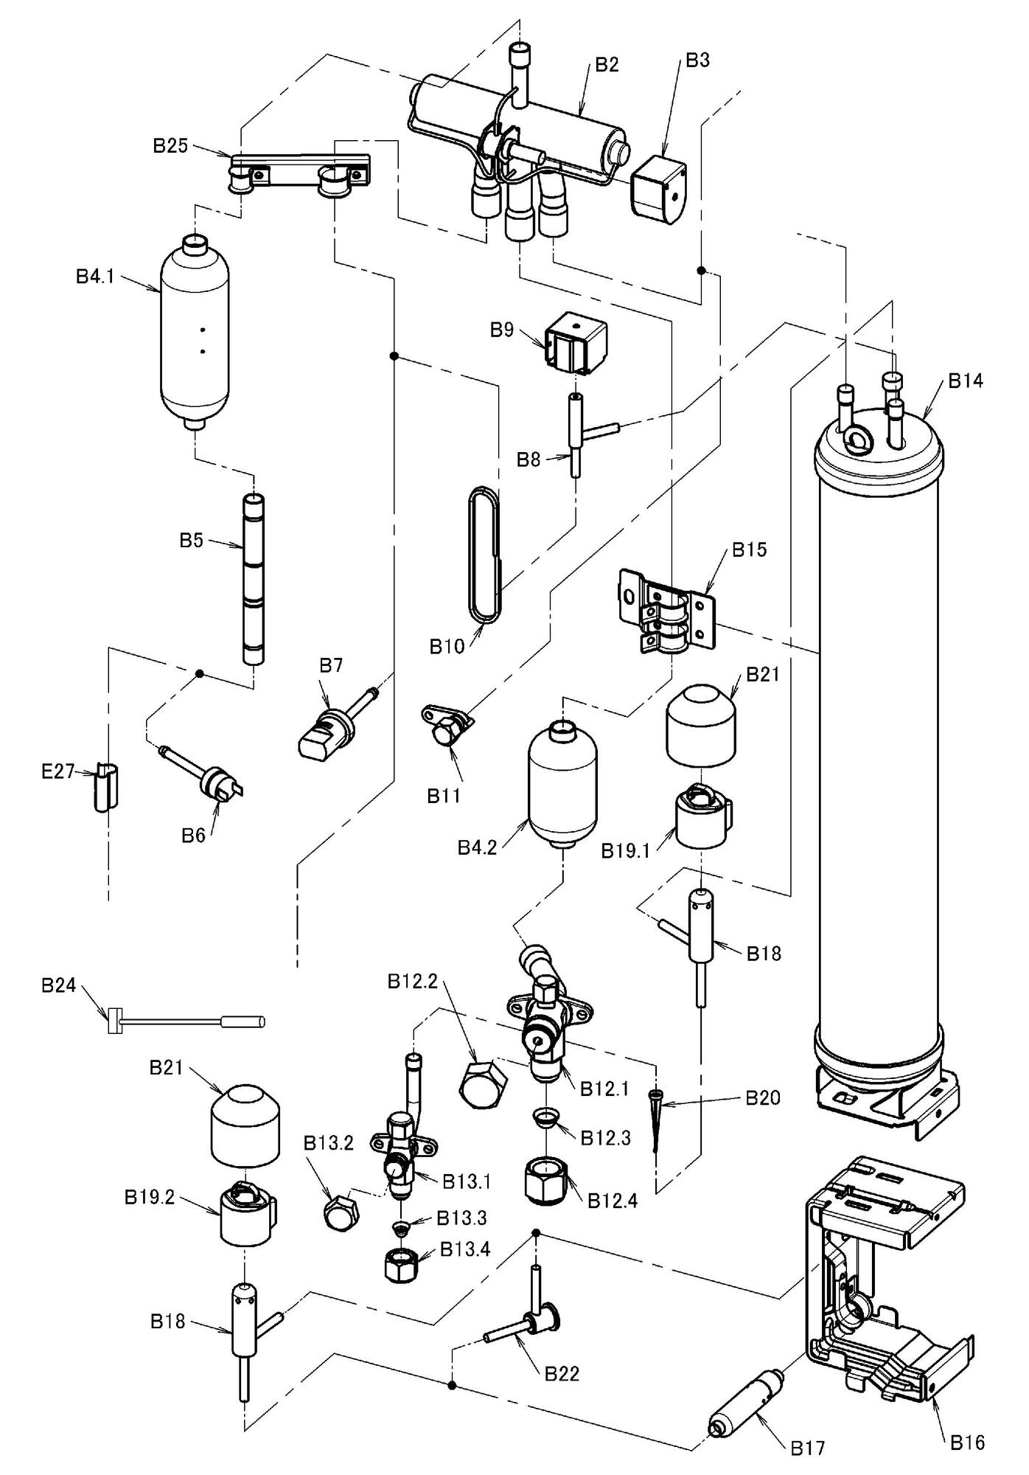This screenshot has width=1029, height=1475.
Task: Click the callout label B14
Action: click(x=965, y=381)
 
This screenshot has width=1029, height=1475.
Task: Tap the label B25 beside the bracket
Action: click(x=170, y=145)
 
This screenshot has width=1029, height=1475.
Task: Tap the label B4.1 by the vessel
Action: click(x=95, y=277)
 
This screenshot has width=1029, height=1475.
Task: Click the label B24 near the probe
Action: click(x=58, y=985)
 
